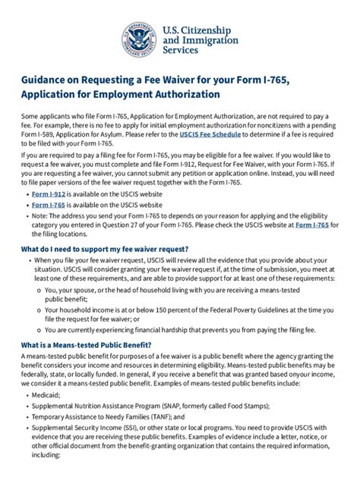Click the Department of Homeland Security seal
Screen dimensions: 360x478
(x=139, y=38)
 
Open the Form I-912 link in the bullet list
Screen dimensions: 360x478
(x=48, y=194)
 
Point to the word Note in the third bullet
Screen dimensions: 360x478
(x=39, y=215)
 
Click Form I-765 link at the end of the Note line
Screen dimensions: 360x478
(x=311, y=224)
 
